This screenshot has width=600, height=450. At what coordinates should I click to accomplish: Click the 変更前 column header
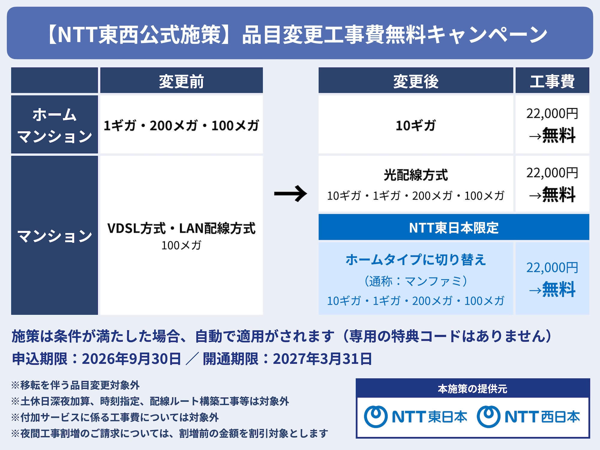point(181,80)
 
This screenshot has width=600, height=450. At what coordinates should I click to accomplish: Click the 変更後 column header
point(416,80)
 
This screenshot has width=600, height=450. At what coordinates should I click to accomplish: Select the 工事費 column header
point(552,80)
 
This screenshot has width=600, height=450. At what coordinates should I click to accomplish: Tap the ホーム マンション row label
point(55,124)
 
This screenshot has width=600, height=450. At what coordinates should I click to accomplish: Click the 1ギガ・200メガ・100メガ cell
point(181,125)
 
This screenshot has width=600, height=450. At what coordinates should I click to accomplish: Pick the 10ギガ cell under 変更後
point(416,125)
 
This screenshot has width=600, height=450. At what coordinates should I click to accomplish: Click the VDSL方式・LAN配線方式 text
point(181,228)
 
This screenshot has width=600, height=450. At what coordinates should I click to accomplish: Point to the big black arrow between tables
point(291,193)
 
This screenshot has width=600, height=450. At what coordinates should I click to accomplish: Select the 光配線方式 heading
point(416,175)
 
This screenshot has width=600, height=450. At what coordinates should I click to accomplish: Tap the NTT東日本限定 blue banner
point(454,227)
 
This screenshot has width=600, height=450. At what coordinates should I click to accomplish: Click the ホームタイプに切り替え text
point(416,259)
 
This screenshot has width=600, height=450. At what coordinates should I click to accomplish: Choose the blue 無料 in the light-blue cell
point(559,289)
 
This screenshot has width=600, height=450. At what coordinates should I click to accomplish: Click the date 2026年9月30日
point(131,358)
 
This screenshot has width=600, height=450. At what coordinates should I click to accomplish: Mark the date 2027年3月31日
point(322,358)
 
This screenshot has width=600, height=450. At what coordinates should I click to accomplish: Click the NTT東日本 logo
point(415,417)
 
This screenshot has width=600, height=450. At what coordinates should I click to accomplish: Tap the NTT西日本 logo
point(528,417)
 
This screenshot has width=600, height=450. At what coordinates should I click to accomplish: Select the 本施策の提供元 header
point(472,389)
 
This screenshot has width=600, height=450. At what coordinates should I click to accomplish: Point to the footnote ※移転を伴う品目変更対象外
point(75,385)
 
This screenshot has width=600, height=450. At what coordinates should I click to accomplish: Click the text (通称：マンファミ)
point(416,281)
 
